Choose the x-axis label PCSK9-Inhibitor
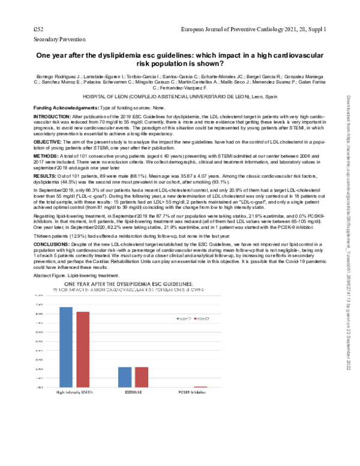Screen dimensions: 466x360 click(191, 393)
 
